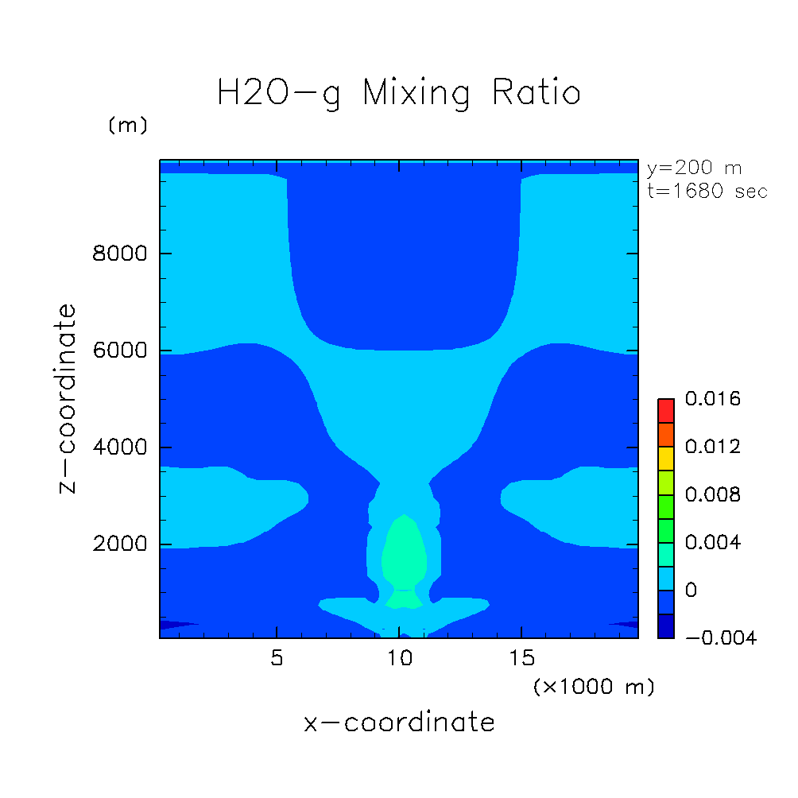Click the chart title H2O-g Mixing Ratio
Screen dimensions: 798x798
[399, 93]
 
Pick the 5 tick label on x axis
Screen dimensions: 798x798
[276, 660]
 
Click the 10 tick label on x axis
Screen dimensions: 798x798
[399, 660]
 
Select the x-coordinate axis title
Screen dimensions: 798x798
[399, 722]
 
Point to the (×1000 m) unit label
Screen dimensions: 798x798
[593, 687]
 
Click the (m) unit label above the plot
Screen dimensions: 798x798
[127, 126]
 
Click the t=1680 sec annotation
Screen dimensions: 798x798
[707, 192]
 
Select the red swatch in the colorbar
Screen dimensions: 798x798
[665, 410]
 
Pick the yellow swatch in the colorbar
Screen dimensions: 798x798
[665, 458]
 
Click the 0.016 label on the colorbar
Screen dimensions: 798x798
[713, 399]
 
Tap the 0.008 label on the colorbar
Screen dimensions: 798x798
[713, 495]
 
